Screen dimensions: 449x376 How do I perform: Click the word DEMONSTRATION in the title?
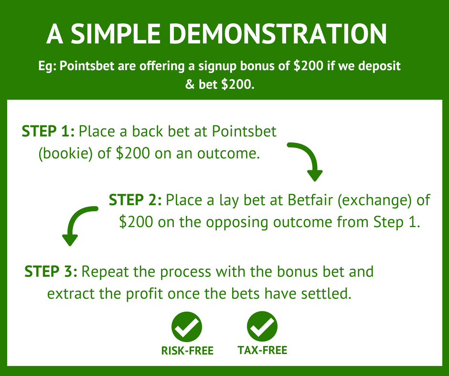coord(279,34)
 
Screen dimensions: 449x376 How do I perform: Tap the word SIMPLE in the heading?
coord(116,34)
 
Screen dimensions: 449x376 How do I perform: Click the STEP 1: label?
coord(48,131)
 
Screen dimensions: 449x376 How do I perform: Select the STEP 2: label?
coord(135,200)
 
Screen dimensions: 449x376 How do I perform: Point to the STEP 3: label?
coord(51,272)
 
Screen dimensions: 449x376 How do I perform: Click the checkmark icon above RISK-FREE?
coord(187,327)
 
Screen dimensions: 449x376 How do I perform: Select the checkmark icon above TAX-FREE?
coord(262,326)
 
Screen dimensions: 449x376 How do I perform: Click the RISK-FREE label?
coord(187,351)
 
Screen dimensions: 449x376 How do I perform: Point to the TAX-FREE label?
coord(262,350)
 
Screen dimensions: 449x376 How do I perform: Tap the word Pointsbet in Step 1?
coord(244,131)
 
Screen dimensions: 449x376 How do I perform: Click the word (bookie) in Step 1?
coord(65,154)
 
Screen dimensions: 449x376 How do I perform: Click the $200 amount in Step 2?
coord(136,222)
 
